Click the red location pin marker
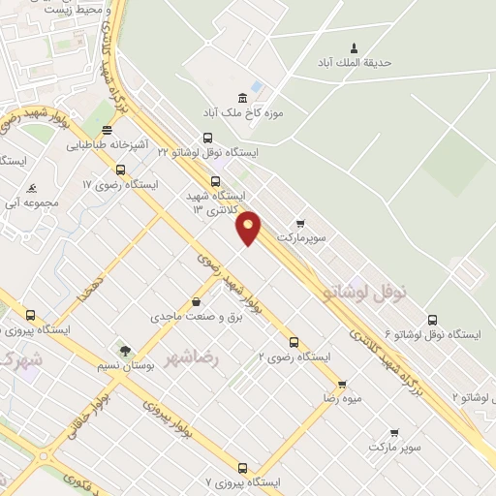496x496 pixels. pos(249,227)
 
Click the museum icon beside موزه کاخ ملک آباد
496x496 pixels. pos(242,98)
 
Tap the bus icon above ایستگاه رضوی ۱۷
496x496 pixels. pos(120,170)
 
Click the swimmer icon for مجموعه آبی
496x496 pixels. pos(32,187)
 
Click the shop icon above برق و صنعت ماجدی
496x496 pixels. pos(198,301)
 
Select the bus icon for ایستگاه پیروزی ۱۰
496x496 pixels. pos(31,315)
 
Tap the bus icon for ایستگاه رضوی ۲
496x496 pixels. pos(294,341)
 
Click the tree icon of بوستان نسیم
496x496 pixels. pos(123,350)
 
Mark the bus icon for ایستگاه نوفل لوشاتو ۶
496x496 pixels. pos(432,320)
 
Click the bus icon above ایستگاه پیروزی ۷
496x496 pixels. pos(242,468)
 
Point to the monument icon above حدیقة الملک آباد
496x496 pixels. pos(353,47)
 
